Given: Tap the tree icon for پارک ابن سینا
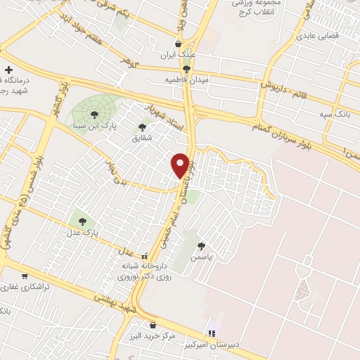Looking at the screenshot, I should click(94, 115).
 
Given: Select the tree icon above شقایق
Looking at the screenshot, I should click(143, 127).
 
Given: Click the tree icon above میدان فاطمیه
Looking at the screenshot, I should click(186, 68).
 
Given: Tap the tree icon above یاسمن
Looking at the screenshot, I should click(202, 245).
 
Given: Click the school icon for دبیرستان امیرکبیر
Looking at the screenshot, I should click(211, 333).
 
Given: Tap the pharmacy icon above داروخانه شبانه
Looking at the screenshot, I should click(145, 256).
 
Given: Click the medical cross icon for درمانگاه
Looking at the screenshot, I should click(8, 70).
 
